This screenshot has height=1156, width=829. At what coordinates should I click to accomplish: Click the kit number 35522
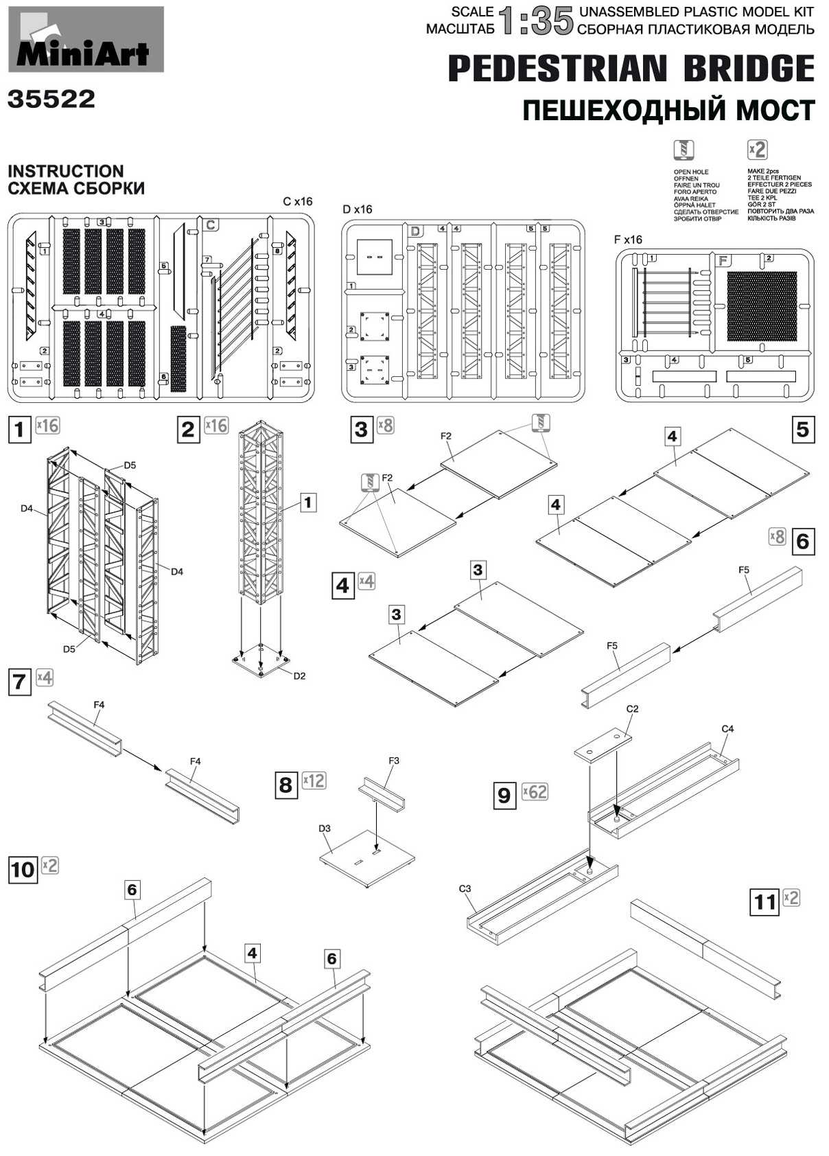click(51, 100)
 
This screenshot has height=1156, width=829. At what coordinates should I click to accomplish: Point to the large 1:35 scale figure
click(536, 21)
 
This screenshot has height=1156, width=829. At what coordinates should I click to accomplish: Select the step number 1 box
click(20, 430)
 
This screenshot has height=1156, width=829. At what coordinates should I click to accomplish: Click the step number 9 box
click(504, 795)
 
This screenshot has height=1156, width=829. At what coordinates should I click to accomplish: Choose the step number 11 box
click(765, 901)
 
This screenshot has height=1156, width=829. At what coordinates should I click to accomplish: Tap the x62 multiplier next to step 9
click(535, 791)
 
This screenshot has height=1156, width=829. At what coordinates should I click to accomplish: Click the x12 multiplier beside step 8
click(314, 781)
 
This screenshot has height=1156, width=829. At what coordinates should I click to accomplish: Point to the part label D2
click(299, 675)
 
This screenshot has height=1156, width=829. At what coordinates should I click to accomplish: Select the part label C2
click(632, 708)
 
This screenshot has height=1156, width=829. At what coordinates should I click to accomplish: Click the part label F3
click(393, 761)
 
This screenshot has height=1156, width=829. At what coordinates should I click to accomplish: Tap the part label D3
click(325, 829)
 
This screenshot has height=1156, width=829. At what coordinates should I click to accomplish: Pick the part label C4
click(727, 728)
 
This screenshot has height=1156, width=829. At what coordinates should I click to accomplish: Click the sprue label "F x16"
click(628, 240)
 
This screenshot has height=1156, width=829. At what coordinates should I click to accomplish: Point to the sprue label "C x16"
click(297, 202)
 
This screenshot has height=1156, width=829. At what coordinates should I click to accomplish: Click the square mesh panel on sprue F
click(762, 306)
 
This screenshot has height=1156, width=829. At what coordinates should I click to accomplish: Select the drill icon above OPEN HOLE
click(684, 150)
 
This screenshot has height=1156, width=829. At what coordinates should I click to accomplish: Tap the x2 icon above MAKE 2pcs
click(756, 150)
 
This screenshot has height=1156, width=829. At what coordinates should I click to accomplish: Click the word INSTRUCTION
click(66, 171)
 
